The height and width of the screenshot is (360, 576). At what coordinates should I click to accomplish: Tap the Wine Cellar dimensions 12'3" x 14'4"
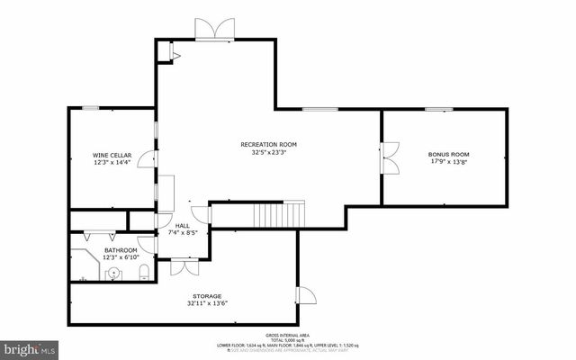click(x=112, y=163)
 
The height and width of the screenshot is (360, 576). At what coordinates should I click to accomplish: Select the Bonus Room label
click(x=447, y=154)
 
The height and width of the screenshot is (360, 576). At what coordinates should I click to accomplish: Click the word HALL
click(x=183, y=225)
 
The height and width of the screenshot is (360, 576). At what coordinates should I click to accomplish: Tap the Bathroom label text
click(x=121, y=249)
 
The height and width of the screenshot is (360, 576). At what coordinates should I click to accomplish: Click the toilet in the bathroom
click(x=143, y=271)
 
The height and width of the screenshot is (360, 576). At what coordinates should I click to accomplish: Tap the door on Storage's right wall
click(x=305, y=297)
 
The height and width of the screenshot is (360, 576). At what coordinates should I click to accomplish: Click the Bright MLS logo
click(x=30, y=347)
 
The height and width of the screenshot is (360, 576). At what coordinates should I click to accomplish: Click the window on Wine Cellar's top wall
click(x=90, y=108)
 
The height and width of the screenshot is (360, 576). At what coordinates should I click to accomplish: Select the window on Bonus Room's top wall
click(x=438, y=110)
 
